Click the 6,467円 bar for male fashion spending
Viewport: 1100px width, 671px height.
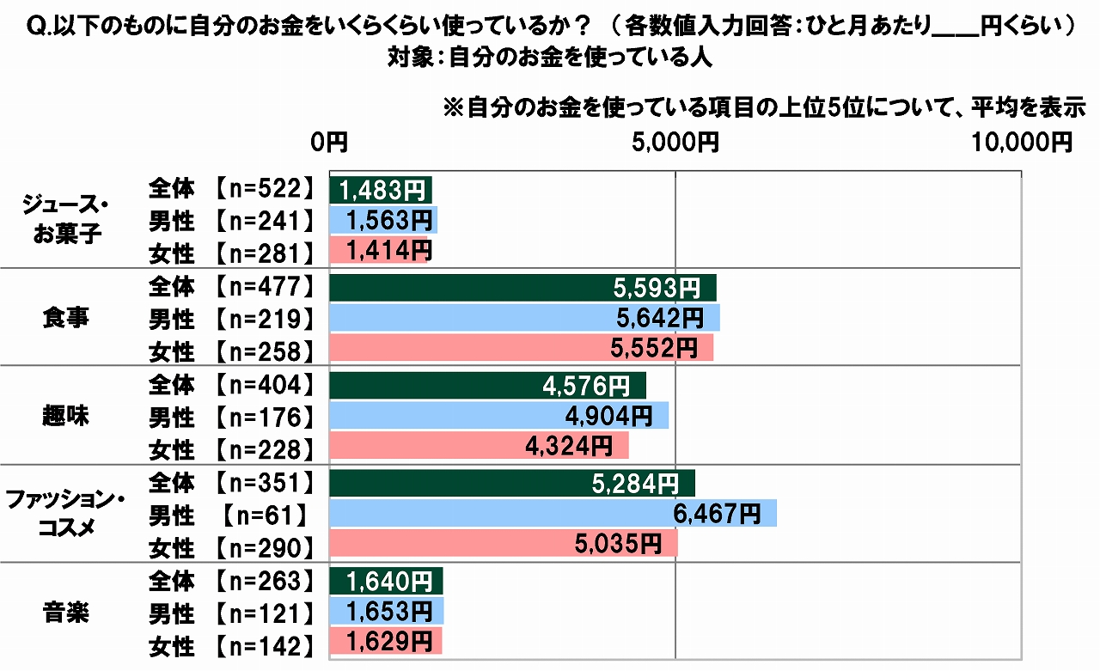coord(553,514)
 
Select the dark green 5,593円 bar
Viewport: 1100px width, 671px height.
coord(522,288)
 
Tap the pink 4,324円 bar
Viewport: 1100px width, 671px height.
coord(479,445)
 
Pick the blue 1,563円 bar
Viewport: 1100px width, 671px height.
coord(383,221)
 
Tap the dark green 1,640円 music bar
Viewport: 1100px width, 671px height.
coord(386,581)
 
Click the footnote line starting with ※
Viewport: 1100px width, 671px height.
coord(764,109)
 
